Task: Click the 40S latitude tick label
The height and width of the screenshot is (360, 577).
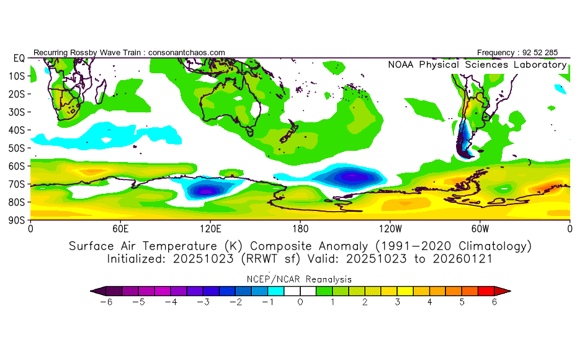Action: click(x=16, y=130)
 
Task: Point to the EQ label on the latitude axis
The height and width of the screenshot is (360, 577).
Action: click(x=18, y=58)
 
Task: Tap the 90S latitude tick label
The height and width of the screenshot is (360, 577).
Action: click(x=16, y=220)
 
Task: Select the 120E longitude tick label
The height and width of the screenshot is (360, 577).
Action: click(x=210, y=228)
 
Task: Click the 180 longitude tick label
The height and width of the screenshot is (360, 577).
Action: click(x=300, y=228)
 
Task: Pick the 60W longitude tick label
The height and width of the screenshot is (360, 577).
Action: click(x=480, y=228)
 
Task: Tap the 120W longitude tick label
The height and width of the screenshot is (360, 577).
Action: click(x=390, y=228)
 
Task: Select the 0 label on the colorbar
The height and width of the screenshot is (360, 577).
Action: click(x=300, y=302)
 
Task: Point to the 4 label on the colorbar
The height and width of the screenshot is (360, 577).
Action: click(x=429, y=302)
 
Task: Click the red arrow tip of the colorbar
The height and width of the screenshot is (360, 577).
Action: click(x=506, y=290)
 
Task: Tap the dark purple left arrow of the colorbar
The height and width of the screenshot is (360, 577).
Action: click(x=95, y=290)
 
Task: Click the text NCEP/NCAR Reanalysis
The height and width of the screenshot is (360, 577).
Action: click(x=300, y=279)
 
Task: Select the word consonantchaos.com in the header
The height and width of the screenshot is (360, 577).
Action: click(x=187, y=53)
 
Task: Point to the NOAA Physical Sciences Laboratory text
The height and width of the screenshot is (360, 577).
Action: click(x=476, y=65)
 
